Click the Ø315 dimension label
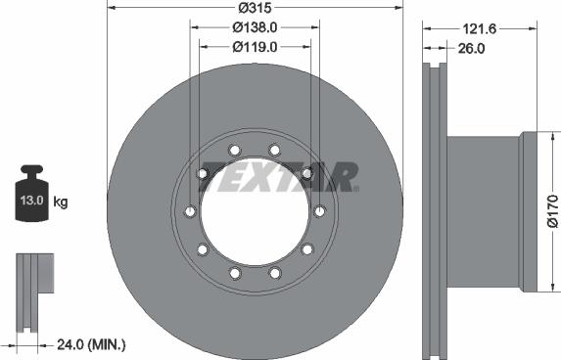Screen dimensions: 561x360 tap(256, 8)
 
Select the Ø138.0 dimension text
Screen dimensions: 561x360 tap(255, 27)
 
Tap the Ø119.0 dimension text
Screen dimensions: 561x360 tap(255, 47)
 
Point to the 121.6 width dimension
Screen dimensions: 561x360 tap(480, 29)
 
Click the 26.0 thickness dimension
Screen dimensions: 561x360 tap(471, 48)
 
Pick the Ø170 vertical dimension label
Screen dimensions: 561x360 tap(553, 211)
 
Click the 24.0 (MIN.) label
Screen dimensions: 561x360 tap(92, 344)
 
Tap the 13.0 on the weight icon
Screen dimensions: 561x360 tap(32, 200)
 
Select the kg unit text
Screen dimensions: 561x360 tap(61, 202)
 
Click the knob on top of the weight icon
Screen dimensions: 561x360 tap(32, 169)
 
